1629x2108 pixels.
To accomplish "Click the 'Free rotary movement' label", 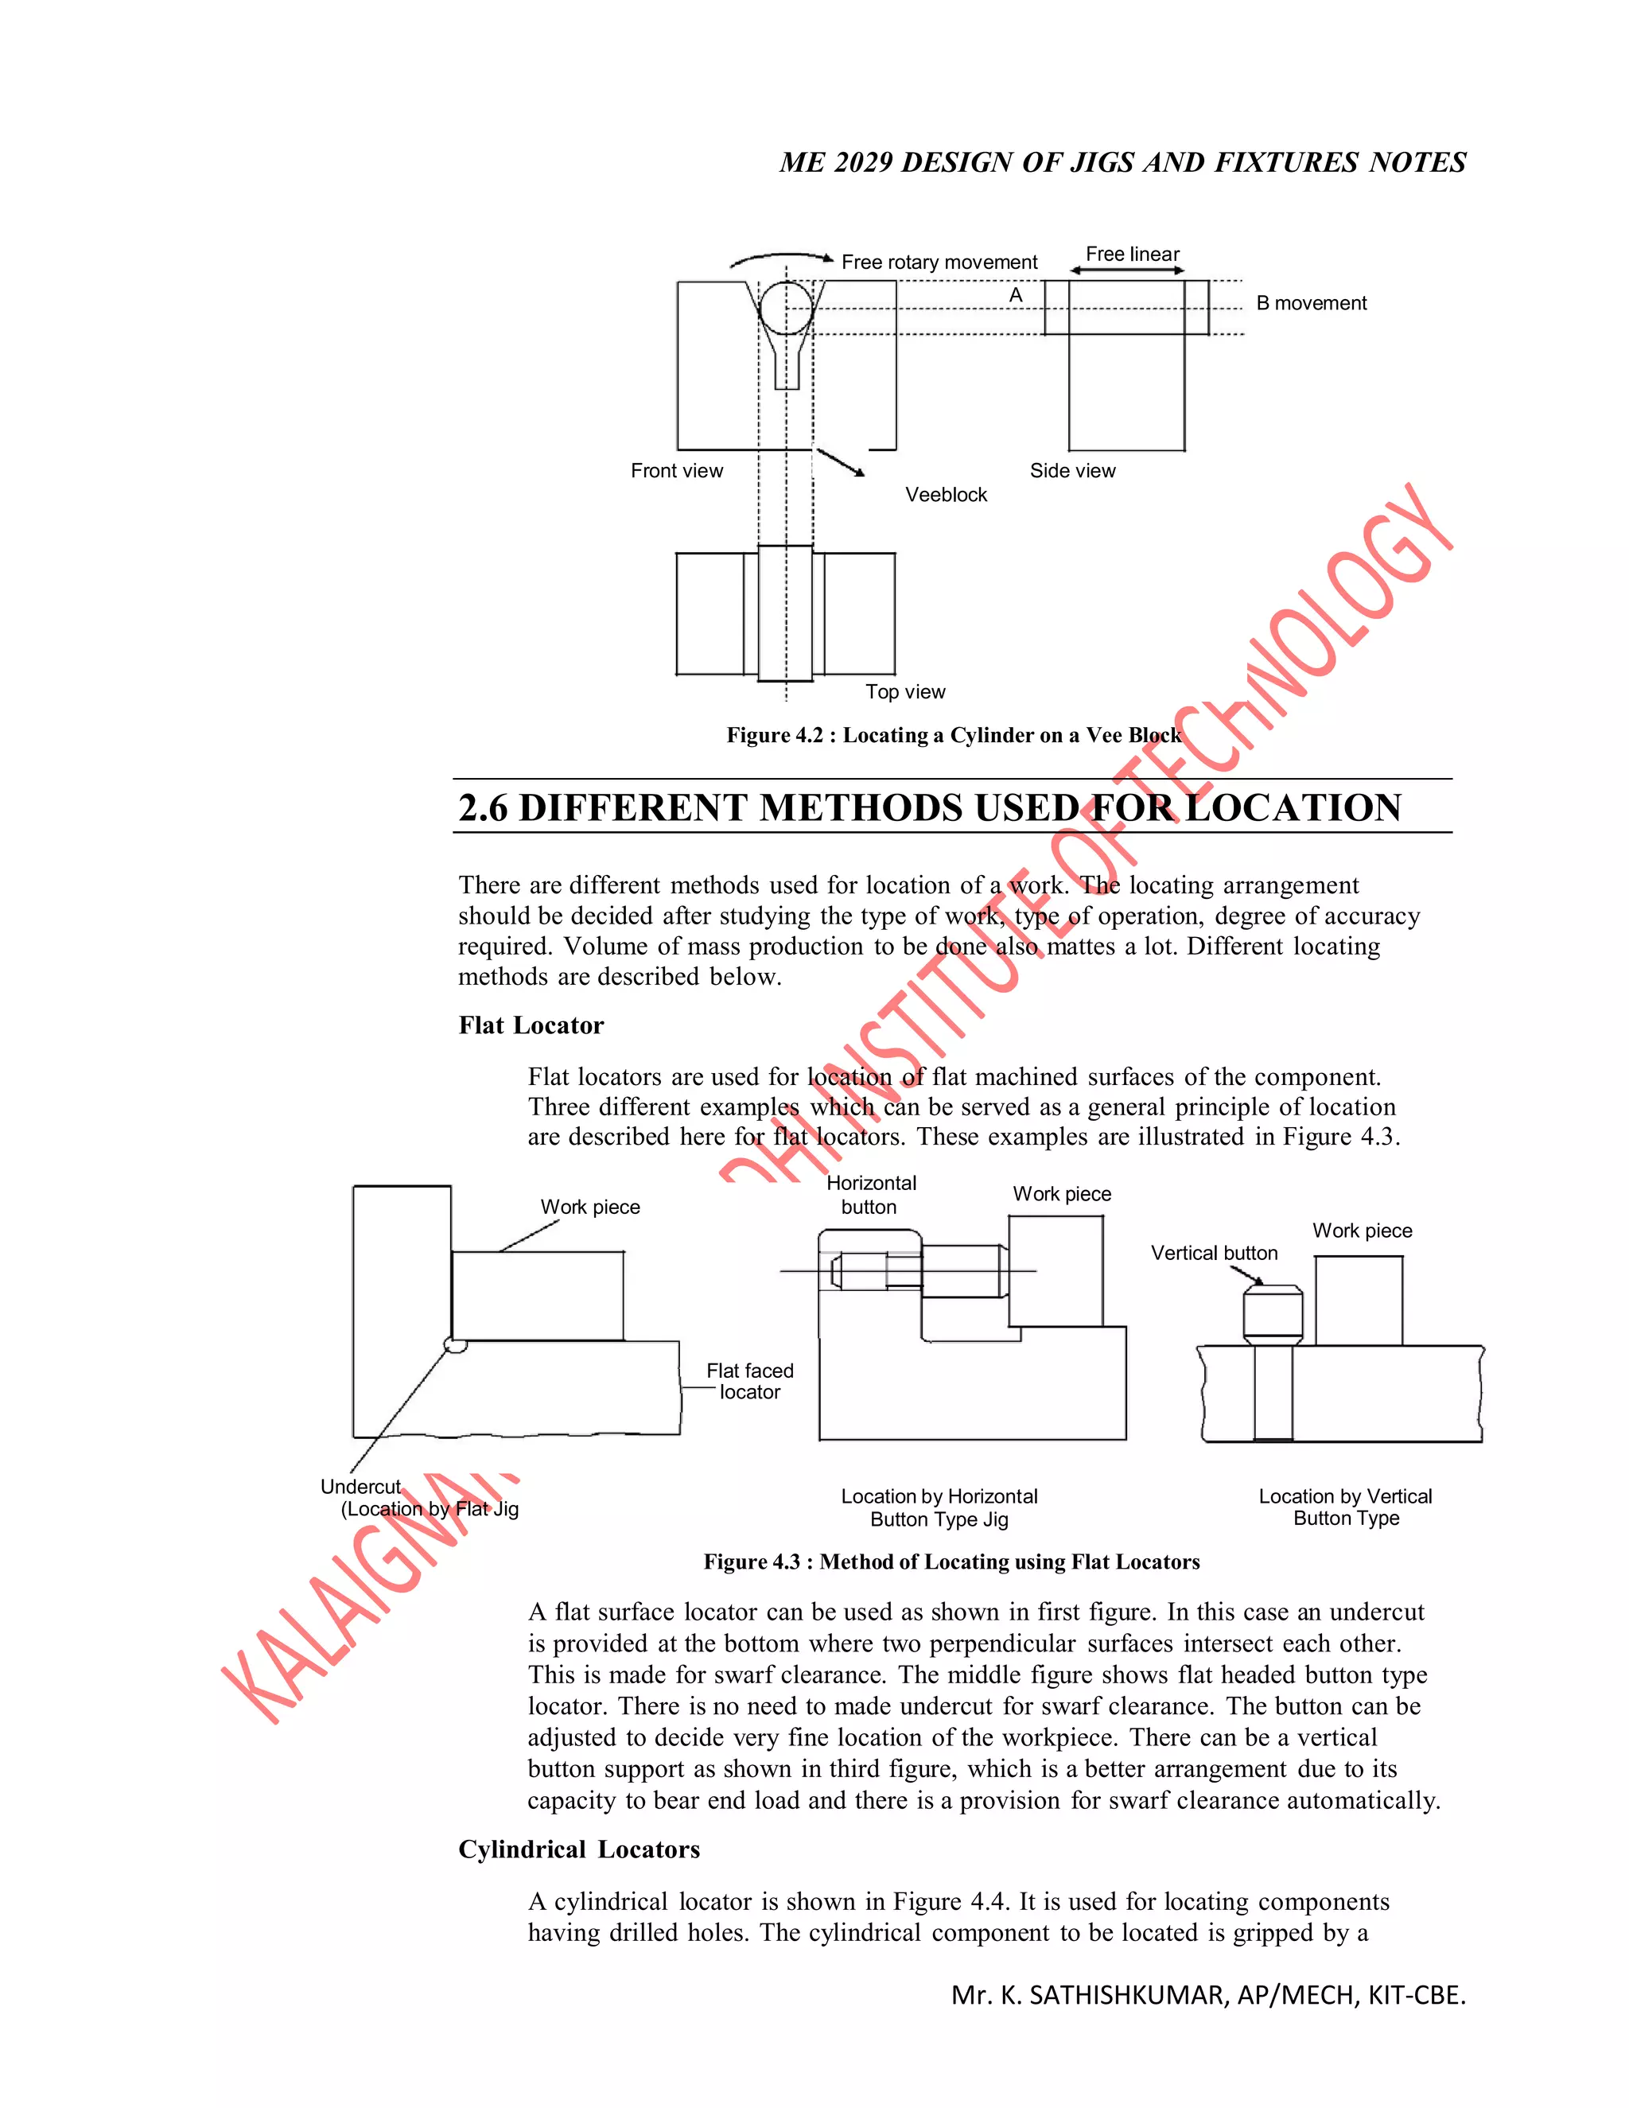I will click(x=939, y=263).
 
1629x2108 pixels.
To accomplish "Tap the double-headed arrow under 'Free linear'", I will click(x=1127, y=271).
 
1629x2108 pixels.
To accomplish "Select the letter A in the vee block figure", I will click(x=1015, y=295).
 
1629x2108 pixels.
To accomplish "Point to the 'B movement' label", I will click(x=1311, y=303).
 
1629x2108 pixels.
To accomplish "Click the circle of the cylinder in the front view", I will click(x=787, y=308).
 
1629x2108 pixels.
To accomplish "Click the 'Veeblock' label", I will click(x=946, y=495).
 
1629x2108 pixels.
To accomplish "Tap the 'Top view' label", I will click(x=905, y=692).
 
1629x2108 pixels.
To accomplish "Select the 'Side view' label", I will click(x=1072, y=471).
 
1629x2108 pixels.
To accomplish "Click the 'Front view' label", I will click(x=677, y=471).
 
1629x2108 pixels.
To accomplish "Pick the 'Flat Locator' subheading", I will click(x=531, y=1025).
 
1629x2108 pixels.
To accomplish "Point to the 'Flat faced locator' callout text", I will click(x=750, y=1381).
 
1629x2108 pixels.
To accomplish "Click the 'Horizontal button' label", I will click(x=870, y=1195).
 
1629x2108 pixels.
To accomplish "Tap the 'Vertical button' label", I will click(x=1214, y=1253).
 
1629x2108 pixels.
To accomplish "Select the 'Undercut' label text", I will click(x=360, y=1488).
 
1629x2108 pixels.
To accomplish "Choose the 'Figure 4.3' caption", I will click(x=951, y=1562).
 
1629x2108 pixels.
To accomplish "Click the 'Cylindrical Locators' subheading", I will click(x=579, y=1849).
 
